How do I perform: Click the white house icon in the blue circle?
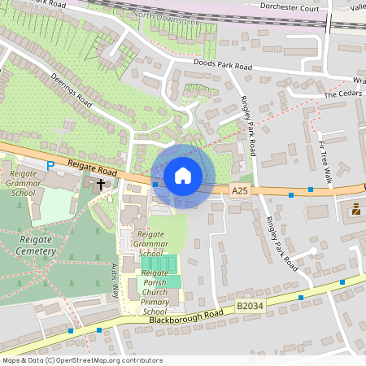pos(183,175)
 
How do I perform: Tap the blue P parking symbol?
pos(50,165)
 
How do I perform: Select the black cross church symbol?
pos(102,184)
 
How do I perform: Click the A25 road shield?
pos(238,190)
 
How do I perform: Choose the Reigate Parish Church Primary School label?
pos(155,292)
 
